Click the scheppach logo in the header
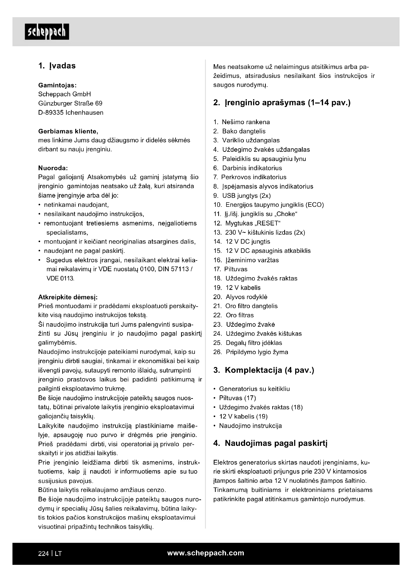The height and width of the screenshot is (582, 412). coord(47,32)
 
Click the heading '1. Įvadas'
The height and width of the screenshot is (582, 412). coord(57,66)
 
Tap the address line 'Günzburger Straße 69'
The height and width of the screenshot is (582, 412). coord(70,104)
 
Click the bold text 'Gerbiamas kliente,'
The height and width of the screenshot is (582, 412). coord(68,131)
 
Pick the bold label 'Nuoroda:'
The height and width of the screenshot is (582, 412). coord(53,168)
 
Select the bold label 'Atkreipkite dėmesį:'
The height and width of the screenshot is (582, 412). coord(68,297)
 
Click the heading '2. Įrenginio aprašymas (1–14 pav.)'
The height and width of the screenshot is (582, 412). coord(282,103)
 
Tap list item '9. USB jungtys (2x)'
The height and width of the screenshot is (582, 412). coord(242,196)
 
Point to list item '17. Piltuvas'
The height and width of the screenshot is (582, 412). coord(230,269)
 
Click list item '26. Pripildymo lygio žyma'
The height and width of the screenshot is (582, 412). coord(251,352)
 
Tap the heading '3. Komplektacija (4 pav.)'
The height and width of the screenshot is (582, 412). coord(264,370)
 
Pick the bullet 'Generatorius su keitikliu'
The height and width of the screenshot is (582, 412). coord(254,389)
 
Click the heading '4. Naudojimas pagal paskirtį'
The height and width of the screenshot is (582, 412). coord(270,443)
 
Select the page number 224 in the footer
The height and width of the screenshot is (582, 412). coord(43,554)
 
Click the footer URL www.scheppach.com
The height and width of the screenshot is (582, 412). coord(206,553)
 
